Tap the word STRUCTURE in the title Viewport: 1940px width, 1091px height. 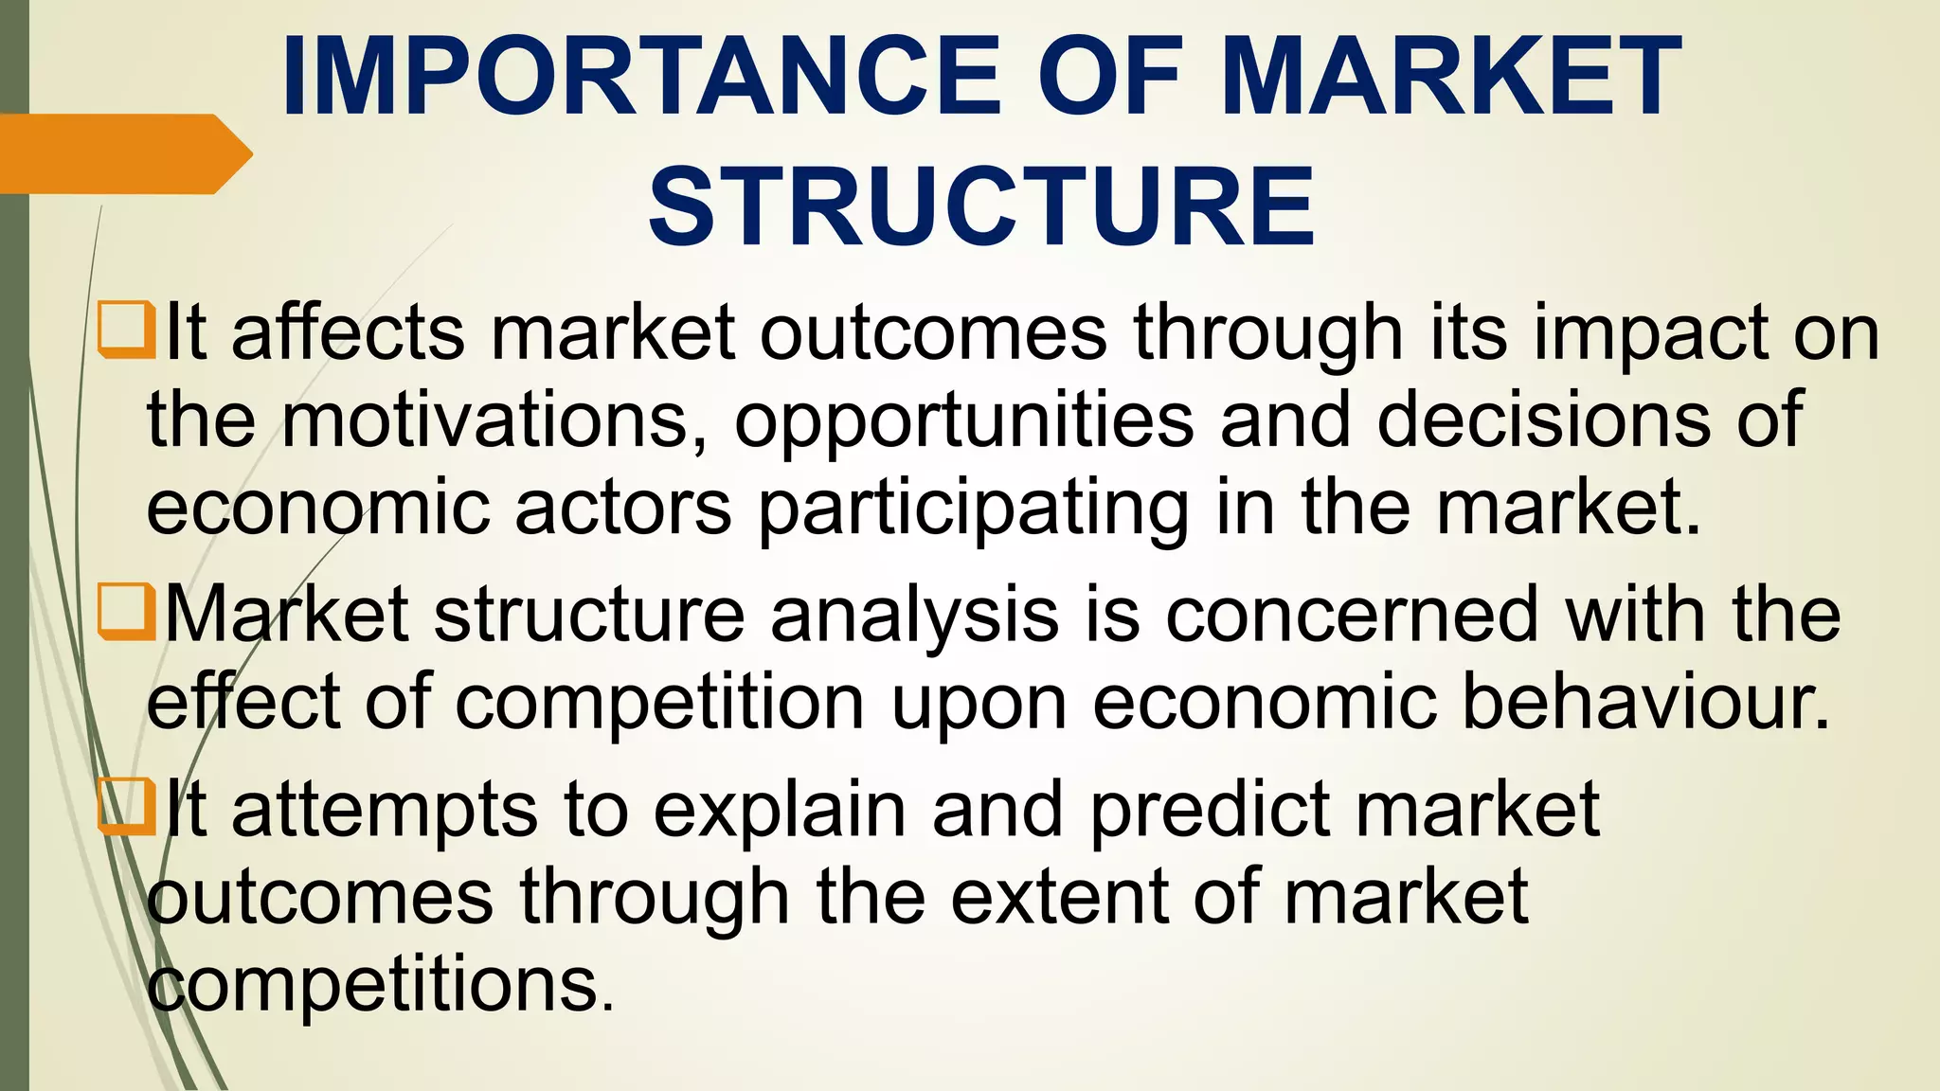981,207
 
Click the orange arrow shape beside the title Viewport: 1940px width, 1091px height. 123,153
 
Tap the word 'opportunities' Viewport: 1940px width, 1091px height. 964,422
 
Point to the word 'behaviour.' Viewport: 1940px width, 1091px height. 1646,703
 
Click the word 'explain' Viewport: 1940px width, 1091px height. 780,813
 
